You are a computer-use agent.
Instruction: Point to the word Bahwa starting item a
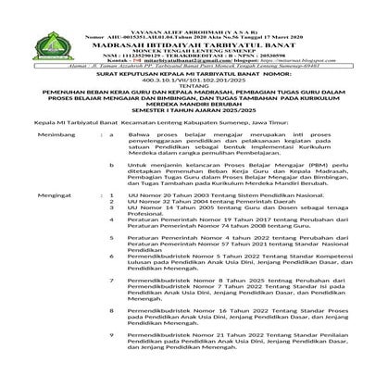coord(140,160)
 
